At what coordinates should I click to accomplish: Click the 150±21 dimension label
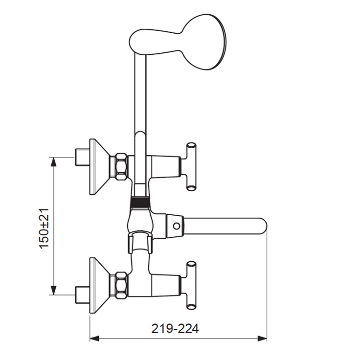click(x=44, y=228)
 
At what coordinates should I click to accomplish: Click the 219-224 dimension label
click(x=175, y=328)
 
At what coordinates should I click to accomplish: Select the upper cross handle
click(x=191, y=167)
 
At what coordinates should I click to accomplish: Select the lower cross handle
click(x=191, y=285)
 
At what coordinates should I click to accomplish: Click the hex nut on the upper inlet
click(x=121, y=166)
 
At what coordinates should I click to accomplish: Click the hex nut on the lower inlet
click(x=121, y=285)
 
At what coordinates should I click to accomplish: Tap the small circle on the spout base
click(x=177, y=226)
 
